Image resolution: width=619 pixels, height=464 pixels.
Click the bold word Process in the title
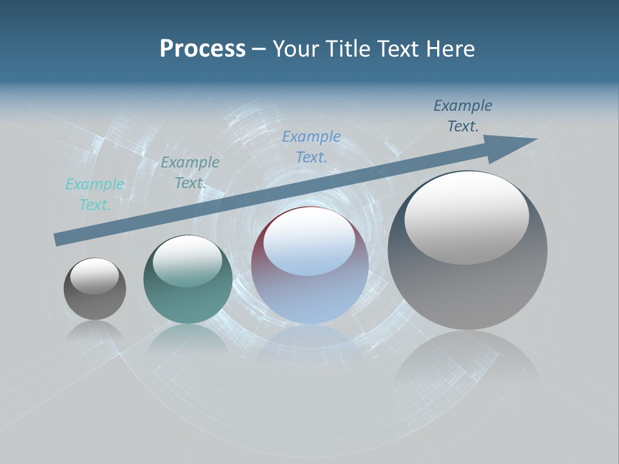202,49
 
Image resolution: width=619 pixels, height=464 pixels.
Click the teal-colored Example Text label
95,195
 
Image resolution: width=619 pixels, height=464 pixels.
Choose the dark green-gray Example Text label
190,173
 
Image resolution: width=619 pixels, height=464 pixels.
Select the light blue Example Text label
311,147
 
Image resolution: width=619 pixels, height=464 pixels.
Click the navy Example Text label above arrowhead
463,116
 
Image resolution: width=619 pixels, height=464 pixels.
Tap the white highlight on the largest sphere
466,218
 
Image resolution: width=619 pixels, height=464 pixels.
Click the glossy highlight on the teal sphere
188,260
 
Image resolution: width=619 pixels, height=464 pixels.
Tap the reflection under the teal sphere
188,338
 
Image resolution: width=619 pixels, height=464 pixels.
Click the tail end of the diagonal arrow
58,239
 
